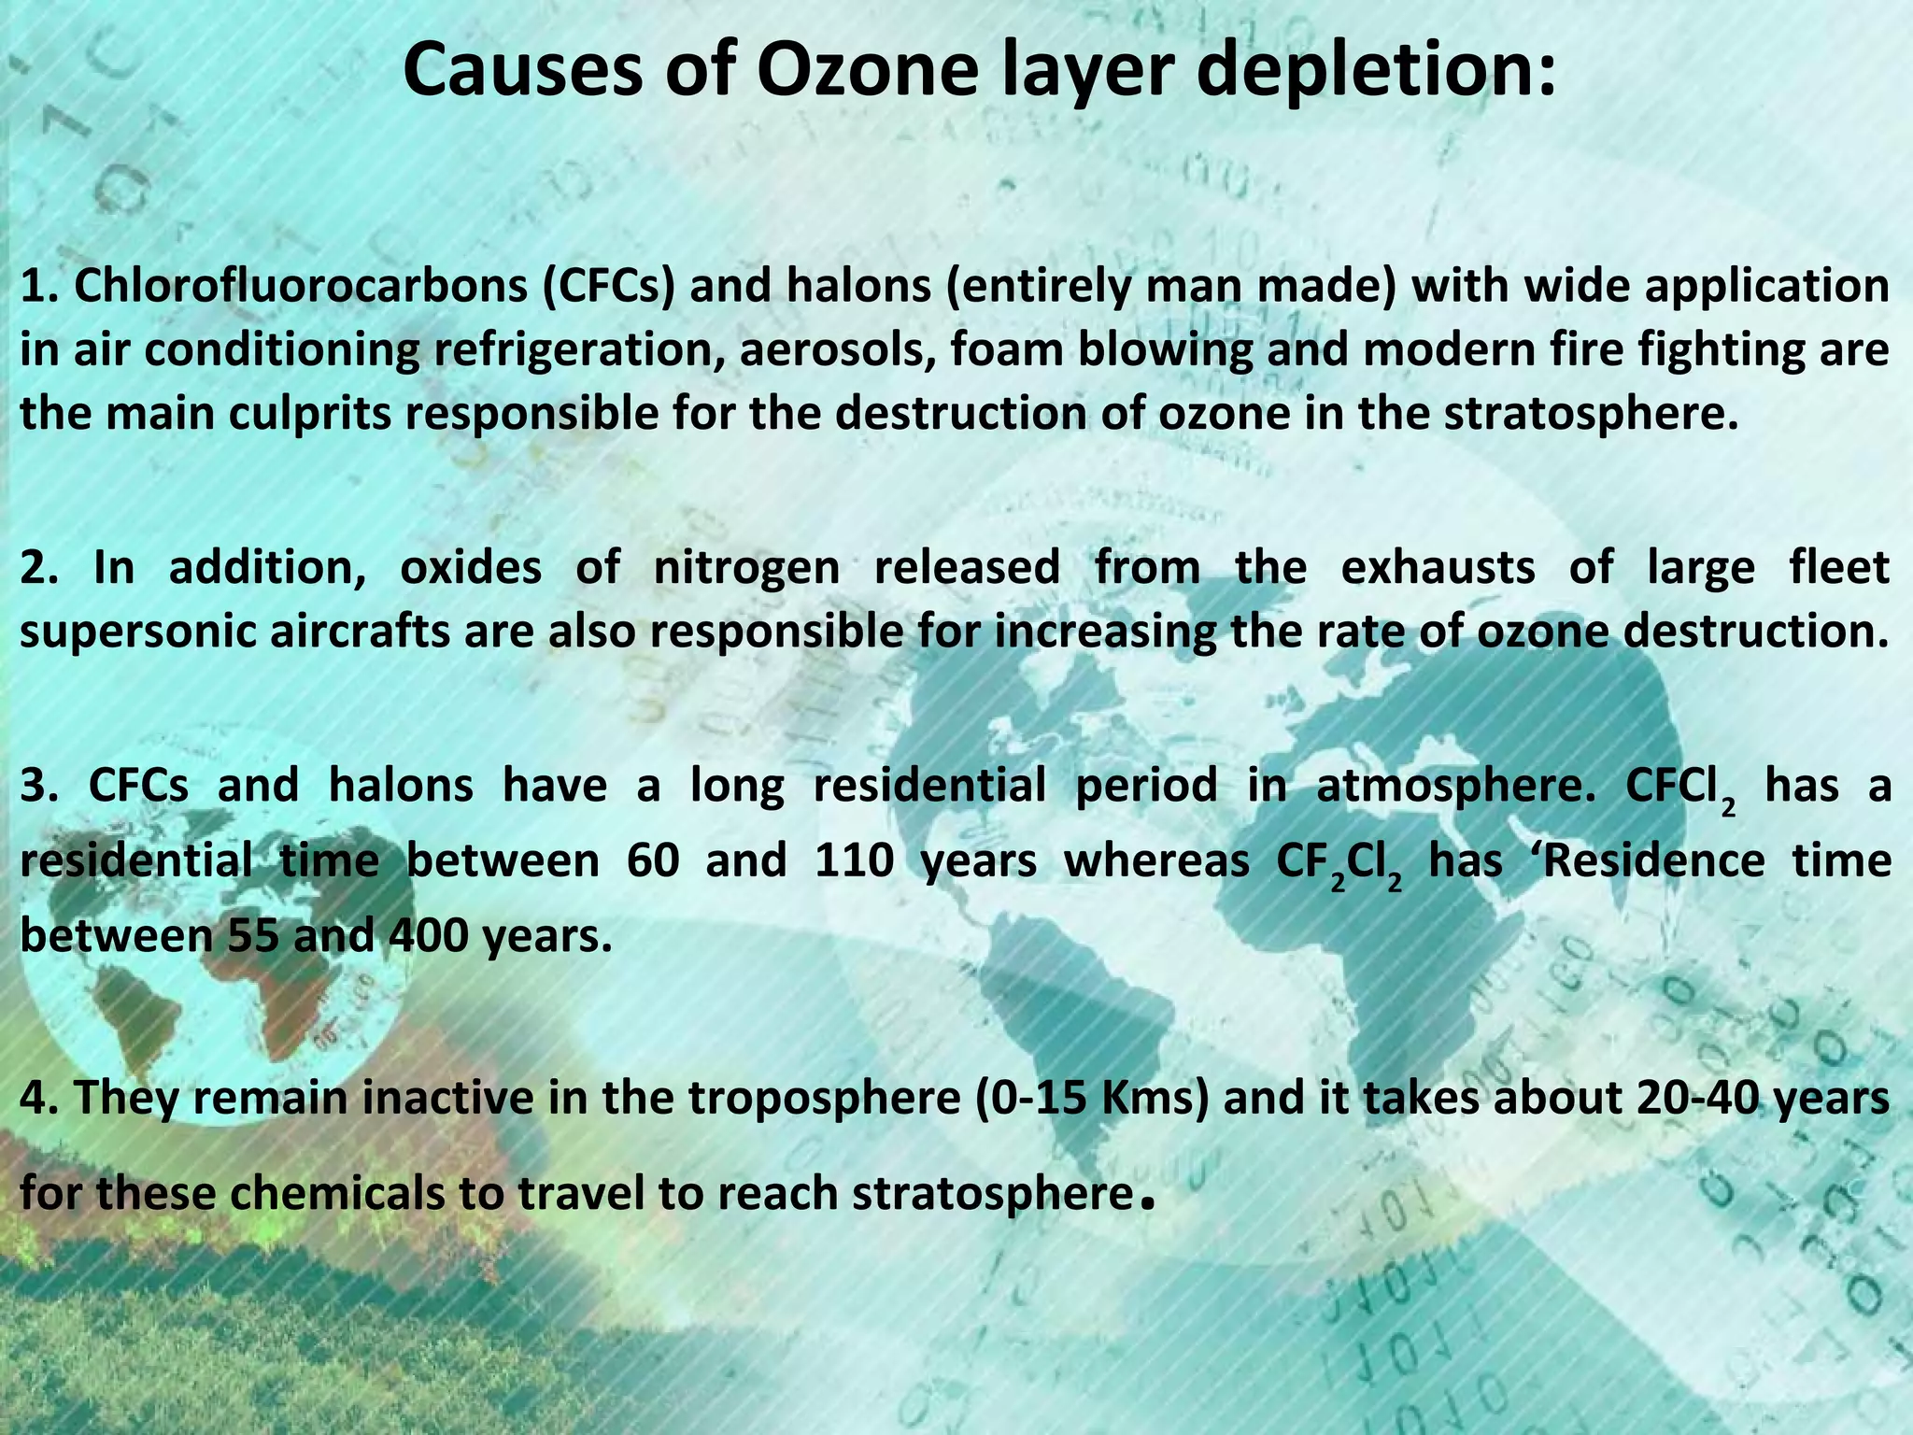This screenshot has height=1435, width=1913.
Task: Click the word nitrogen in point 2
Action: [x=746, y=567]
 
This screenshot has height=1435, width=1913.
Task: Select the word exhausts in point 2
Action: [x=1438, y=567]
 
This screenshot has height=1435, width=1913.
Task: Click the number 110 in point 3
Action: [x=854, y=860]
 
